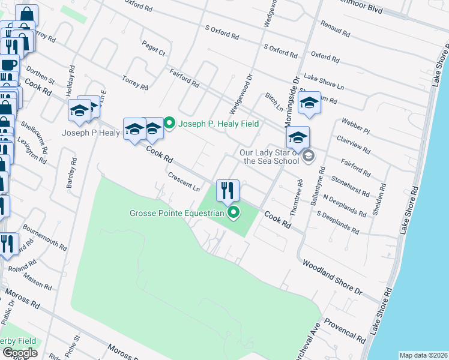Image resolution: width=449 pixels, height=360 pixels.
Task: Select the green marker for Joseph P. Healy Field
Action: point(169,124)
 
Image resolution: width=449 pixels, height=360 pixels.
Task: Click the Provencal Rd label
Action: point(345,330)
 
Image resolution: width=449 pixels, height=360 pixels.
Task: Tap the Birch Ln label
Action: point(273,101)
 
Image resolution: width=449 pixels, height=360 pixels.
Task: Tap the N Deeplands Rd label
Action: point(344,205)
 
